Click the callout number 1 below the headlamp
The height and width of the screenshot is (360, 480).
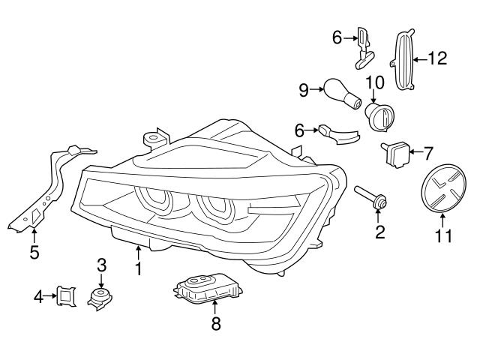tap(138, 268)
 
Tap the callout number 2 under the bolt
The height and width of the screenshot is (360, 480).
tap(380, 232)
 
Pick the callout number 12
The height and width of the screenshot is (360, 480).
tap(436, 57)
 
